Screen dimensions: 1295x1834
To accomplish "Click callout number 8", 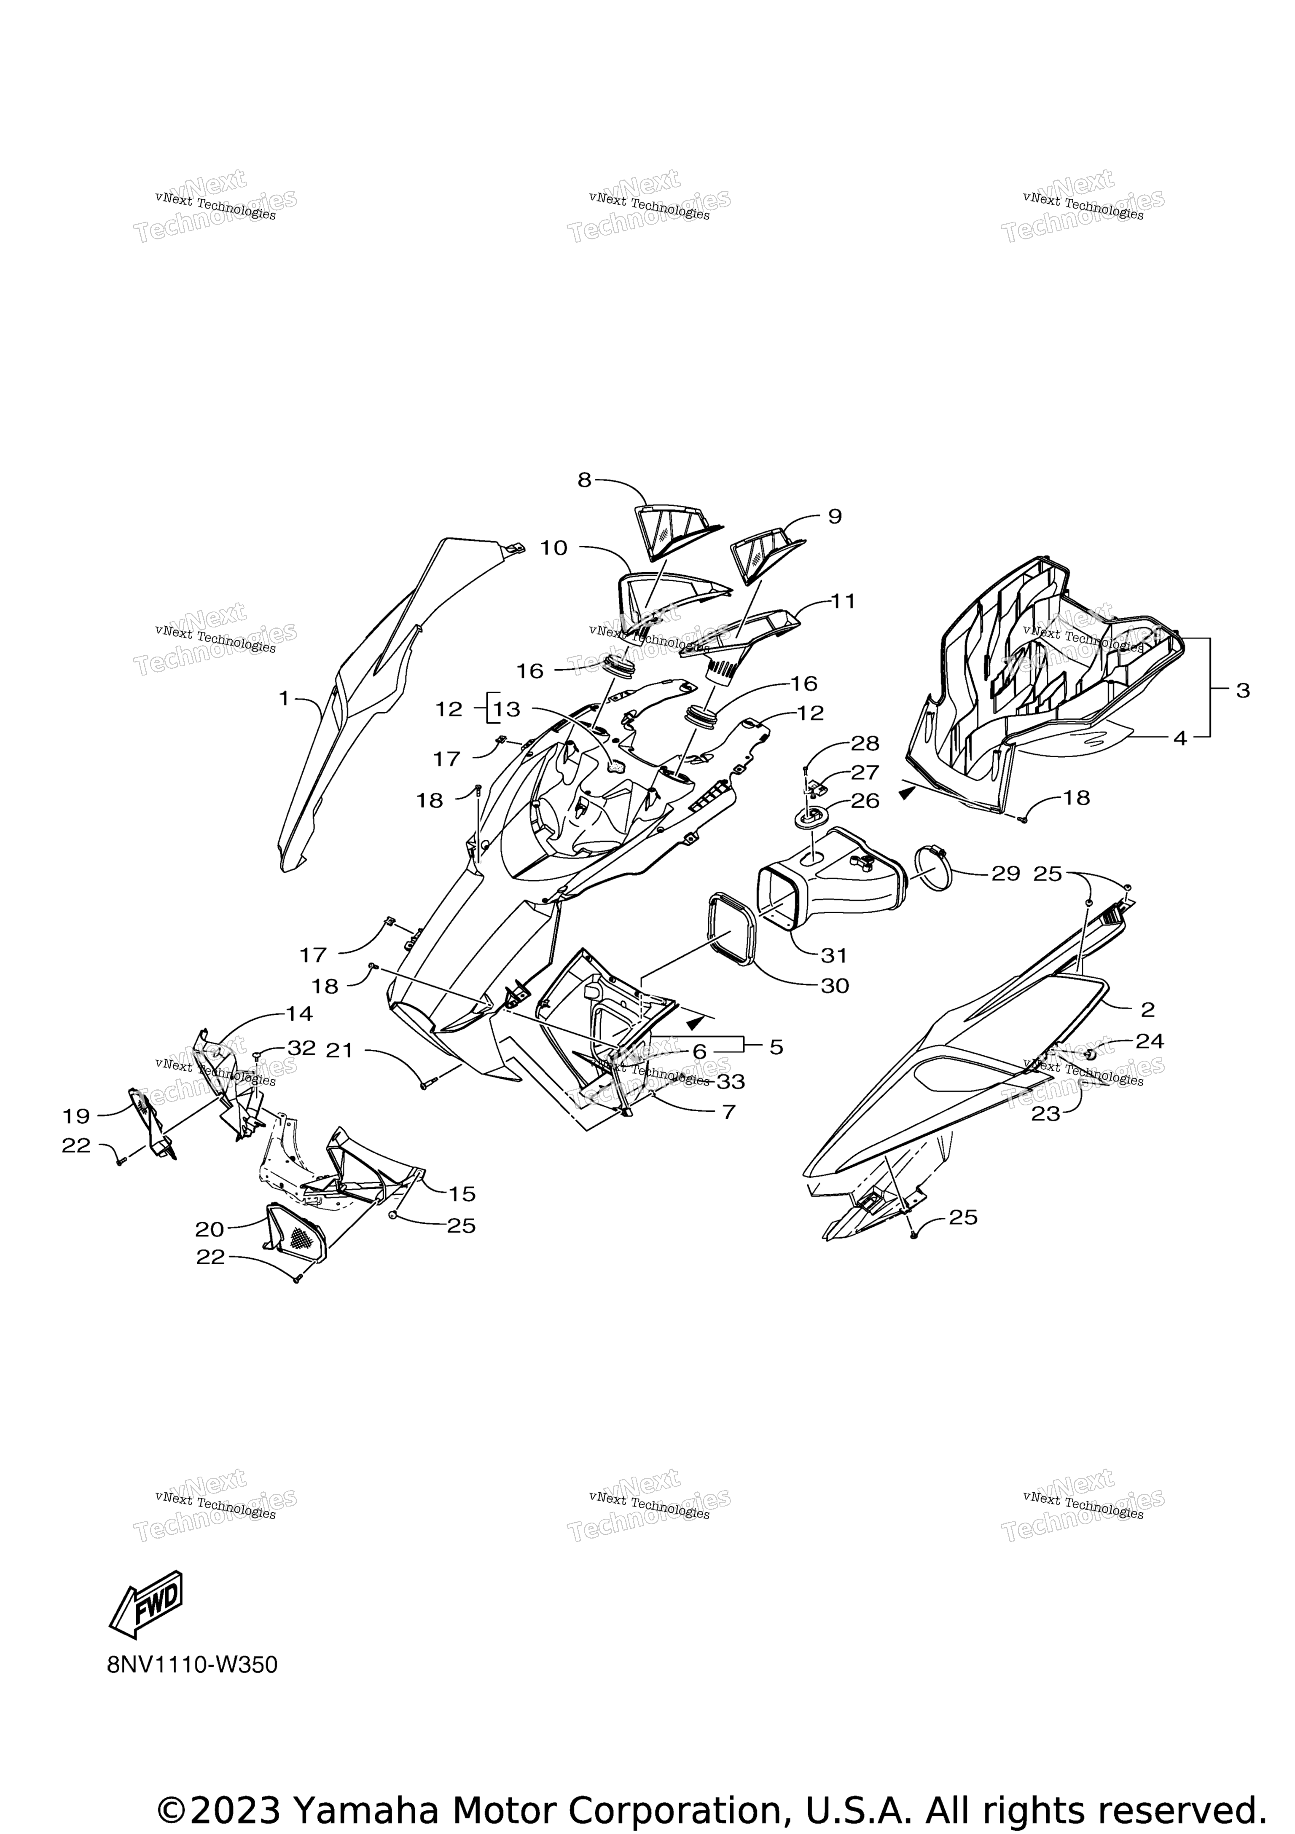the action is coord(585,480).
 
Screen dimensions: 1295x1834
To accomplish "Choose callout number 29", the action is coord(1006,874).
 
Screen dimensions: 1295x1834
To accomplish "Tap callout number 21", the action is coord(339,1051).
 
